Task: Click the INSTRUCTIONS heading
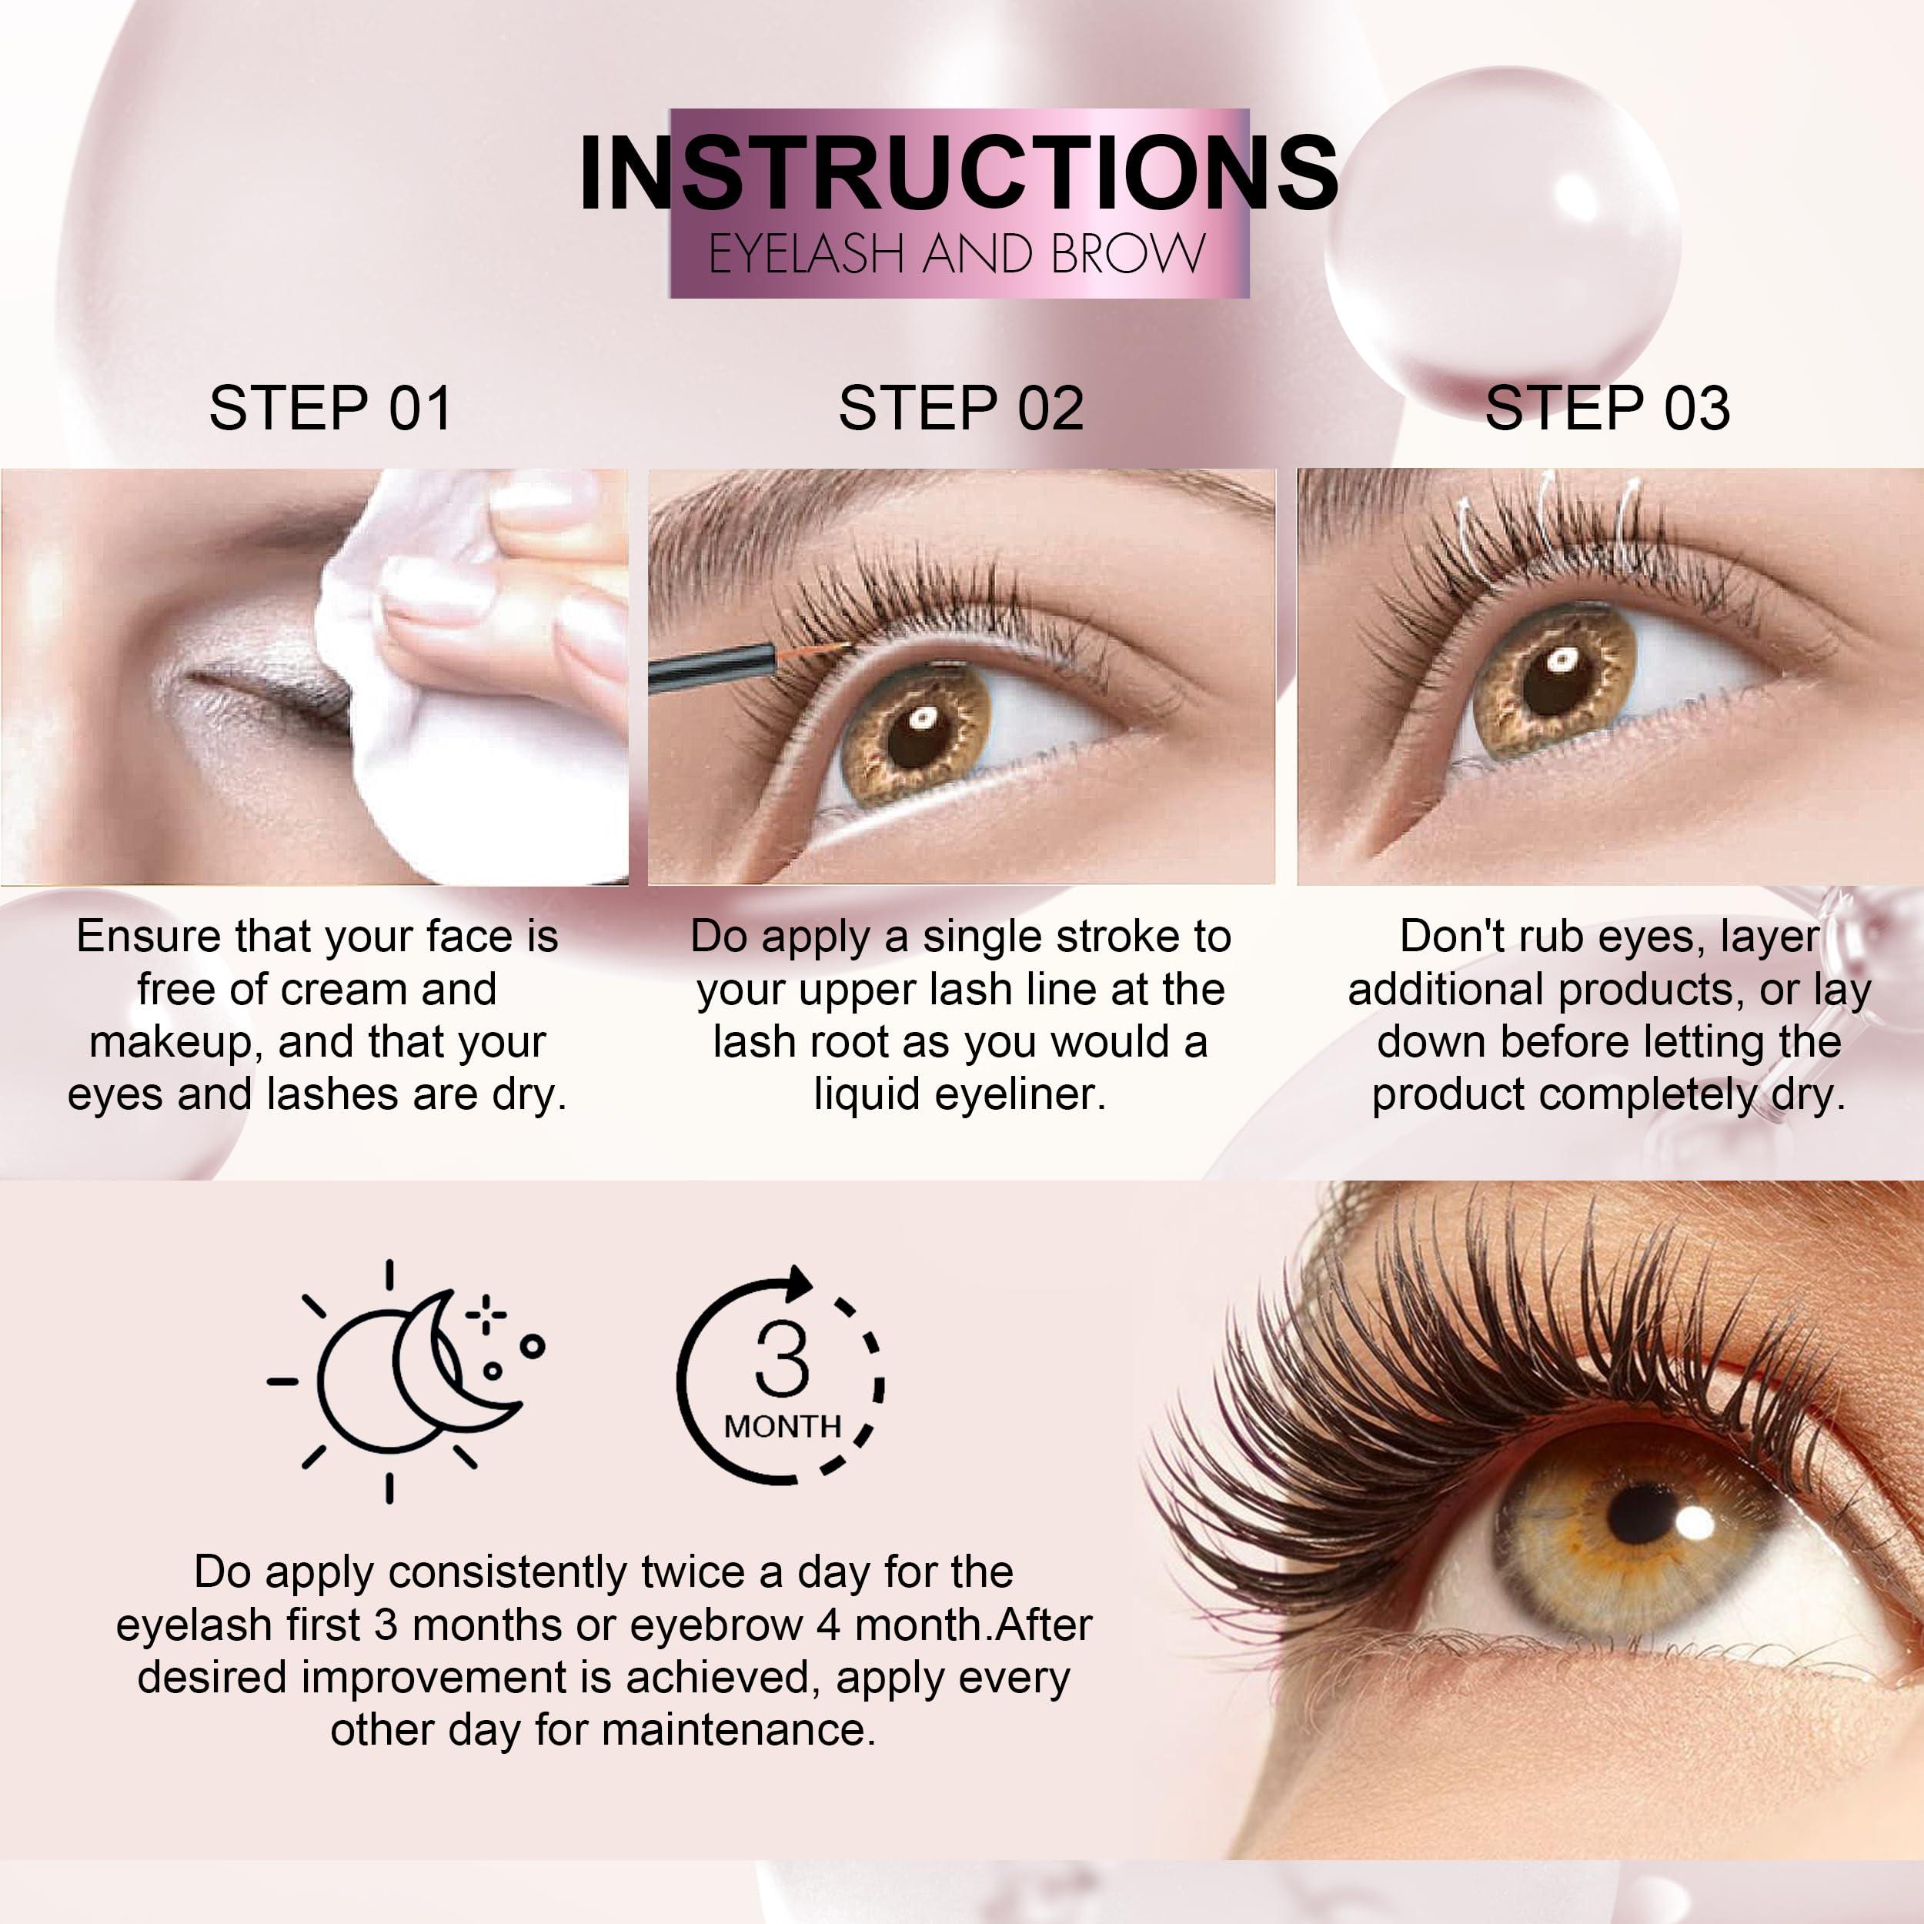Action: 958,172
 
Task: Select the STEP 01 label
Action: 329,409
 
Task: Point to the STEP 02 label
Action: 961,409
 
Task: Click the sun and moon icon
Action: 406,1379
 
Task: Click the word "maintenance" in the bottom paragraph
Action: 738,1730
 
